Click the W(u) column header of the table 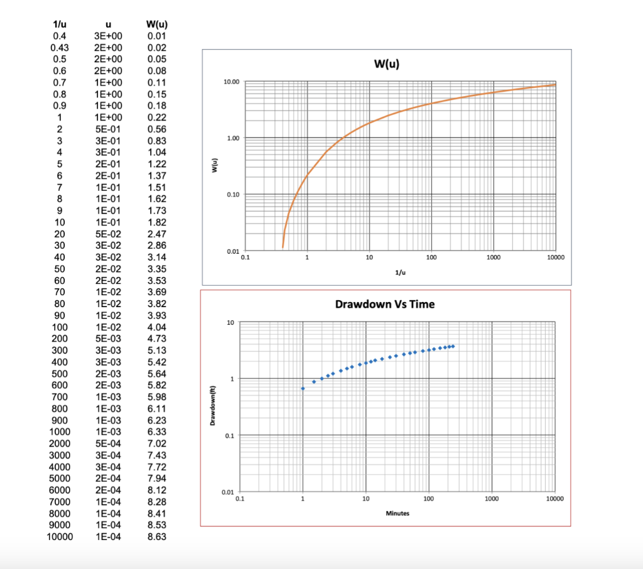click(x=156, y=24)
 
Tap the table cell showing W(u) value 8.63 click(x=156, y=536)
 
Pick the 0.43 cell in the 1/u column click(x=60, y=48)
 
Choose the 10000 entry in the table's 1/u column click(x=60, y=536)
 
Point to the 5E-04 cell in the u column click(x=108, y=443)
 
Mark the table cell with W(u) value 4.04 click(x=156, y=327)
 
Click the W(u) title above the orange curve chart click(x=386, y=64)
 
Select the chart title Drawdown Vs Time click(x=385, y=305)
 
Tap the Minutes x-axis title click(x=397, y=513)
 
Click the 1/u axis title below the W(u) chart click(x=400, y=273)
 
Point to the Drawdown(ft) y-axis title click(x=212, y=406)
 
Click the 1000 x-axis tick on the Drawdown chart click(x=492, y=499)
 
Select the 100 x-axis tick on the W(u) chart click(x=431, y=257)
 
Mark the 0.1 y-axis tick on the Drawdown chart click(x=230, y=435)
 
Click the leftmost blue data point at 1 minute click(x=303, y=389)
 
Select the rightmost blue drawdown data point click(x=453, y=346)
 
